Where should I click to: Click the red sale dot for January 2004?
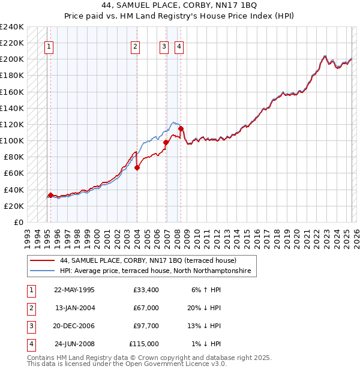(x=137, y=168)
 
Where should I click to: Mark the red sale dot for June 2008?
(x=181, y=128)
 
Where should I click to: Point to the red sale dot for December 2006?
(x=166, y=143)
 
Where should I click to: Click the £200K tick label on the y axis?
(x=12, y=59)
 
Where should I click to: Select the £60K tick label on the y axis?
(x=14, y=173)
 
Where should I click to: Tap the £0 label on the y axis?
(x=19, y=222)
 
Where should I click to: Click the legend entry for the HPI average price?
(x=158, y=271)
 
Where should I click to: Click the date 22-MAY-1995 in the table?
(x=74, y=290)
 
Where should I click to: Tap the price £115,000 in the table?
(x=144, y=344)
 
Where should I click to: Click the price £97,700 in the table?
(x=146, y=326)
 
